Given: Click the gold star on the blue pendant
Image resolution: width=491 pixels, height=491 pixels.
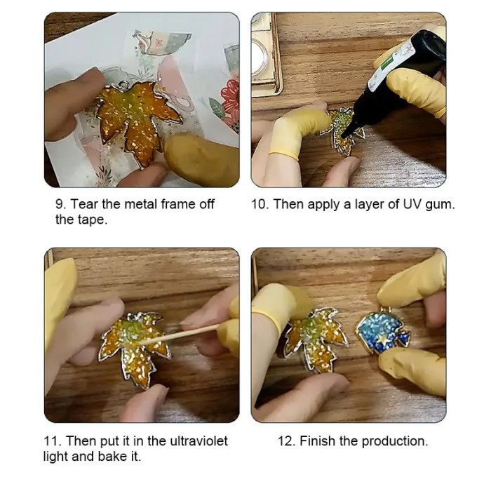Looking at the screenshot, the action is (x=383, y=339).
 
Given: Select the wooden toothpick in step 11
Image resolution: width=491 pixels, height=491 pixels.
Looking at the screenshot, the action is (x=181, y=334).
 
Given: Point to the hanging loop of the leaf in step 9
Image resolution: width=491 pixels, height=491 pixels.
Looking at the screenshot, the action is (x=124, y=84).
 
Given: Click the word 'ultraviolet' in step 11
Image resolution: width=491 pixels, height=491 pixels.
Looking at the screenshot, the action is (x=199, y=441).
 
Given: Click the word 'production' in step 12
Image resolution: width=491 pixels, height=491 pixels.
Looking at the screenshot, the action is (x=394, y=441).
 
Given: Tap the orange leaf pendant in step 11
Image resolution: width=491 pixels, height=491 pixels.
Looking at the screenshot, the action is (x=135, y=348).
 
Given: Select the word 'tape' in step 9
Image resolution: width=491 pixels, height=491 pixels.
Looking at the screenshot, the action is (x=92, y=220).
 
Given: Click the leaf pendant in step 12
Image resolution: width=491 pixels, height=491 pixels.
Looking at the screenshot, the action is (x=314, y=339).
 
